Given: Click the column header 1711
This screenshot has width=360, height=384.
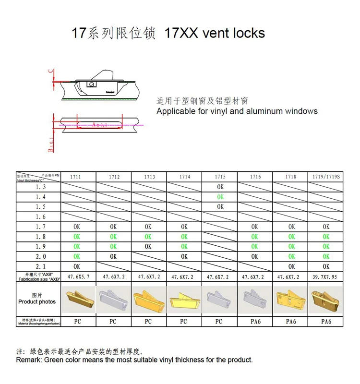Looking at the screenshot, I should [76, 177].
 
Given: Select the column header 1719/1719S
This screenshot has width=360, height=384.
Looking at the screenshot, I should [326, 177].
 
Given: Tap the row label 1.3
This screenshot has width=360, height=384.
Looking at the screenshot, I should [41, 187].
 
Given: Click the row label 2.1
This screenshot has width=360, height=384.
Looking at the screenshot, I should [41, 266].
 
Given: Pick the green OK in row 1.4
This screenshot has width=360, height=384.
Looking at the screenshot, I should [220, 197].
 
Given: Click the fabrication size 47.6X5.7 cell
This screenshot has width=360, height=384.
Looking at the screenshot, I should [78, 277].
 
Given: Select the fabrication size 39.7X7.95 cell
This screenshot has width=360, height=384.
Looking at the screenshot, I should [326, 277].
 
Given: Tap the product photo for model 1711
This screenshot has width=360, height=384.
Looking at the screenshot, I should [78, 299].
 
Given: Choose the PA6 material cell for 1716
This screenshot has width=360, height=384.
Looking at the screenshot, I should [255, 322].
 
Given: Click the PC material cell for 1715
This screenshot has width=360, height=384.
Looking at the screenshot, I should [219, 322].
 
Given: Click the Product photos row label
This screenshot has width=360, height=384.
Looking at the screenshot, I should [37, 302].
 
